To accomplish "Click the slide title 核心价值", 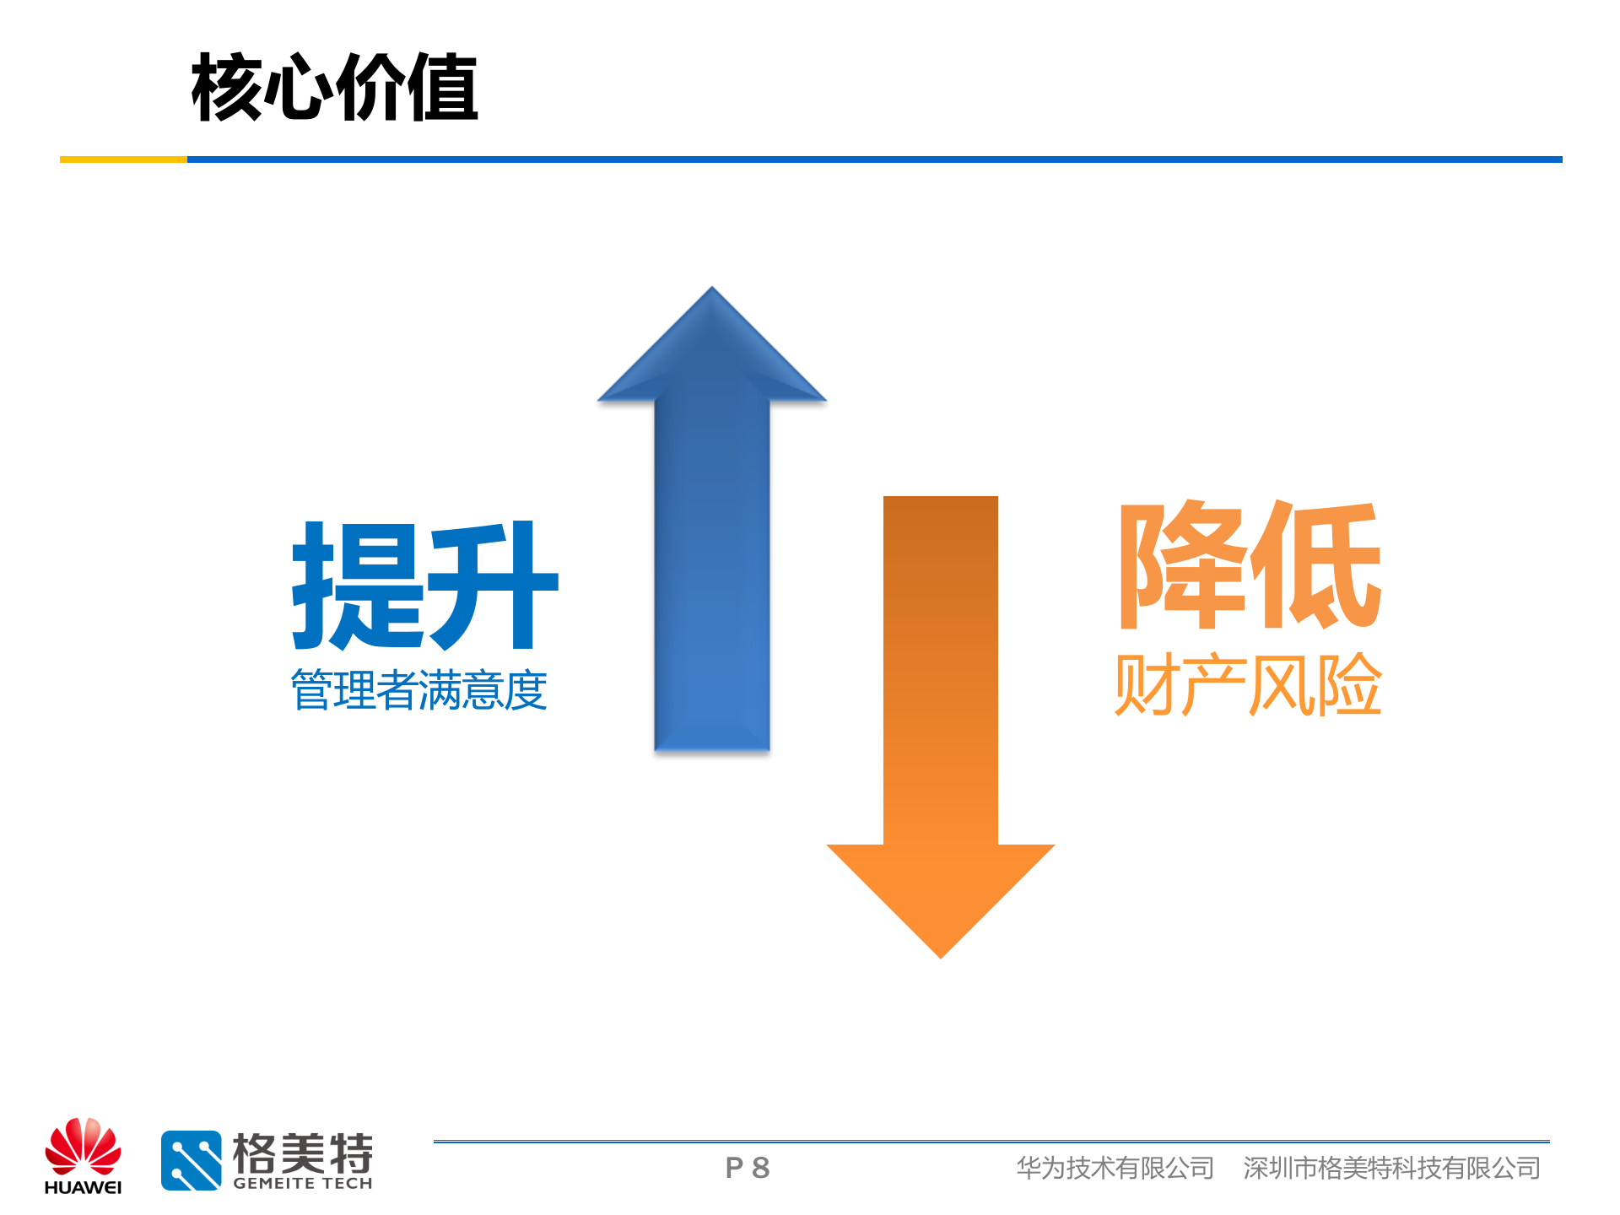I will [x=334, y=87].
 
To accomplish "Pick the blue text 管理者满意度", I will [x=418, y=690].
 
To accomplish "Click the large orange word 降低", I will [x=1249, y=565].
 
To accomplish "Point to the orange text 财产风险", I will [x=1247, y=684].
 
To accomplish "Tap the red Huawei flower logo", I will [x=83, y=1146].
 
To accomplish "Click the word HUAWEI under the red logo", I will [x=83, y=1188].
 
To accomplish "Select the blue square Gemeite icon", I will [x=192, y=1160].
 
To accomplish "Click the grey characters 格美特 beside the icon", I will [x=302, y=1152].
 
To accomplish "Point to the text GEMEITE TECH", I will [x=302, y=1184].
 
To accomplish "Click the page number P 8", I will [x=748, y=1168].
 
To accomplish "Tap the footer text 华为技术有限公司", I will [x=1115, y=1168].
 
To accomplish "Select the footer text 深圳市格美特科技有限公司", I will [x=1391, y=1168].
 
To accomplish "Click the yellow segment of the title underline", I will [x=123, y=159].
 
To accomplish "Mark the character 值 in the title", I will [x=442, y=87].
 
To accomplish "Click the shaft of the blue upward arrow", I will [x=711, y=574].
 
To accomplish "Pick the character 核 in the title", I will [x=227, y=87].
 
